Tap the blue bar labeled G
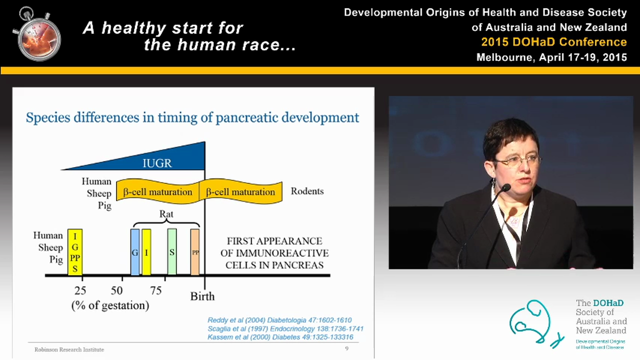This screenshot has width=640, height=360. coord(135,252)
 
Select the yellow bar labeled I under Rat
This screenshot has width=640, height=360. coord(146,252)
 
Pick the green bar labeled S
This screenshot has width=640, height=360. coord(171,252)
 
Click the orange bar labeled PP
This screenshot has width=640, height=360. coord(195,252)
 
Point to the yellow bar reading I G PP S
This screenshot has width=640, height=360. coord(75,252)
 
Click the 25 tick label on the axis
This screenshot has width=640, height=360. coord(80,290)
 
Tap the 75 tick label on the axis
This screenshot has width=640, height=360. coord(156,290)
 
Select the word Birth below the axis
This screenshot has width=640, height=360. coord(202,296)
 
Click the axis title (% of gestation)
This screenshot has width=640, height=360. coord(110,305)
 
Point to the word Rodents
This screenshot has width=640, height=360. coord(307,191)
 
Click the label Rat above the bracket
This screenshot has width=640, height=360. coord(166,214)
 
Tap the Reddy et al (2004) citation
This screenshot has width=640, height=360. coord(279,320)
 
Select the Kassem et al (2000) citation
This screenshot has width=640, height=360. coord(280,337)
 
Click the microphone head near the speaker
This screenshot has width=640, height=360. coord(505,188)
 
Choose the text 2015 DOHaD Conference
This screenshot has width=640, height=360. coord(554,42)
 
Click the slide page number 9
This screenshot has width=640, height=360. coord(346,348)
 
